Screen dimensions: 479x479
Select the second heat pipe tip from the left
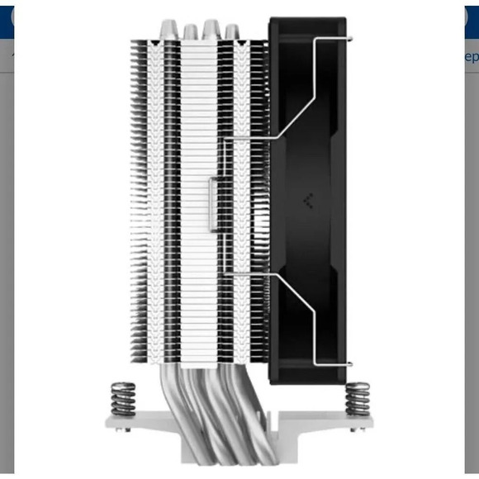coord(191,30)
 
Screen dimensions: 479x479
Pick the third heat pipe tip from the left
coord(211,28)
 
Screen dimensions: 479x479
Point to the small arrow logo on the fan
coord(308,201)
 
